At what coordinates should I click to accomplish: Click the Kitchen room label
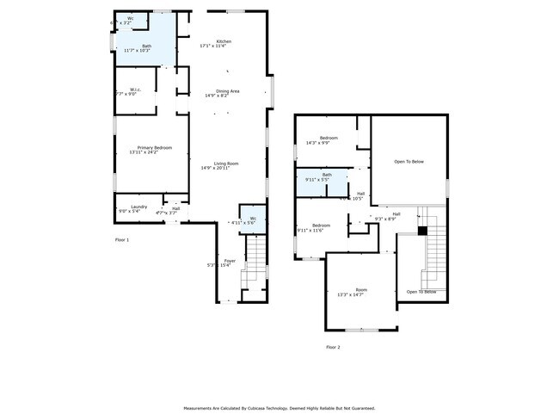224,41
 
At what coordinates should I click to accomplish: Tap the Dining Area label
227,90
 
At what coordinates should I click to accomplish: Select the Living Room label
226,163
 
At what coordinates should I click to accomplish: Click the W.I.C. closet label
135,89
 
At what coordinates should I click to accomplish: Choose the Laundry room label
138,206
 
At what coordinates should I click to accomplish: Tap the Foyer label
230,260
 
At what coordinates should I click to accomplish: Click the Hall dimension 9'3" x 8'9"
385,219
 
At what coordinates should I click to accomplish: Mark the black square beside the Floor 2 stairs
422,231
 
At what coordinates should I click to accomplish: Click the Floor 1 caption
122,239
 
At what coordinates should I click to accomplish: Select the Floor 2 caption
333,347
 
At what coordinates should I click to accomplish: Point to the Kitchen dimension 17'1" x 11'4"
216,46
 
